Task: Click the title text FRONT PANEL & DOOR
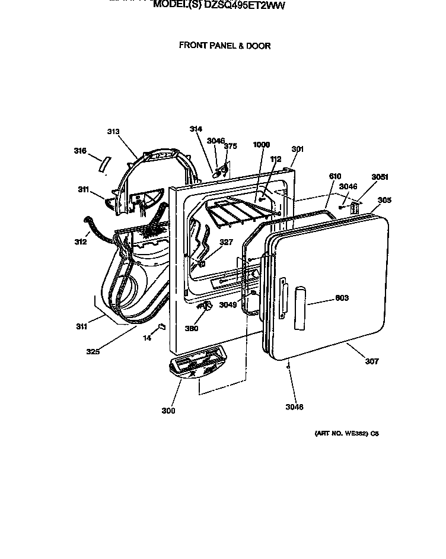(225, 45)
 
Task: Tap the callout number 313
(113, 132)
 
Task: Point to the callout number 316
(80, 151)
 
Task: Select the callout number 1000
(261, 145)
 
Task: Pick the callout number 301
(297, 149)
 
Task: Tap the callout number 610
(335, 176)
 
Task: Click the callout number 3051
(380, 176)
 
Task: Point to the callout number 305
(384, 200)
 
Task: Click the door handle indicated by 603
(301, 306)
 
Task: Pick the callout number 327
(226, 242)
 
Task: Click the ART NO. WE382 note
(346, 433)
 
